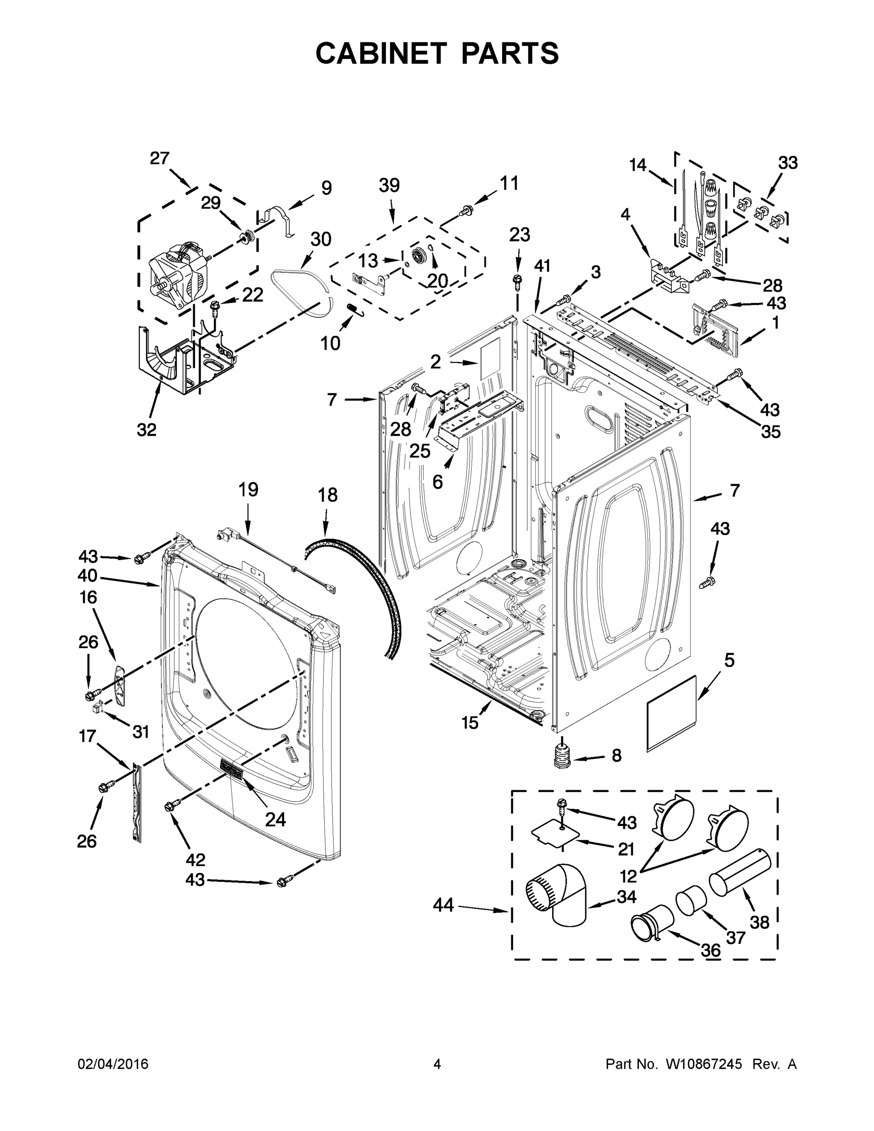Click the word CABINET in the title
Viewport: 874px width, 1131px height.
tap(381, 53)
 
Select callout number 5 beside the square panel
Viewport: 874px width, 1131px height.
tap(729, 660)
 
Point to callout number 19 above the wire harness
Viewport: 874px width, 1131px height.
tap(248, 489)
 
